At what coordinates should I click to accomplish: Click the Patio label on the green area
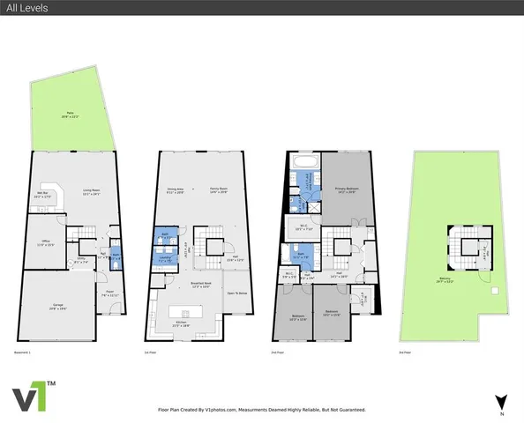click(x=71, y=114)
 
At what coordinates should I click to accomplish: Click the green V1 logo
click(x=33, y=398)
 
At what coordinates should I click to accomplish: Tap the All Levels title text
click(x=25, y=7)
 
